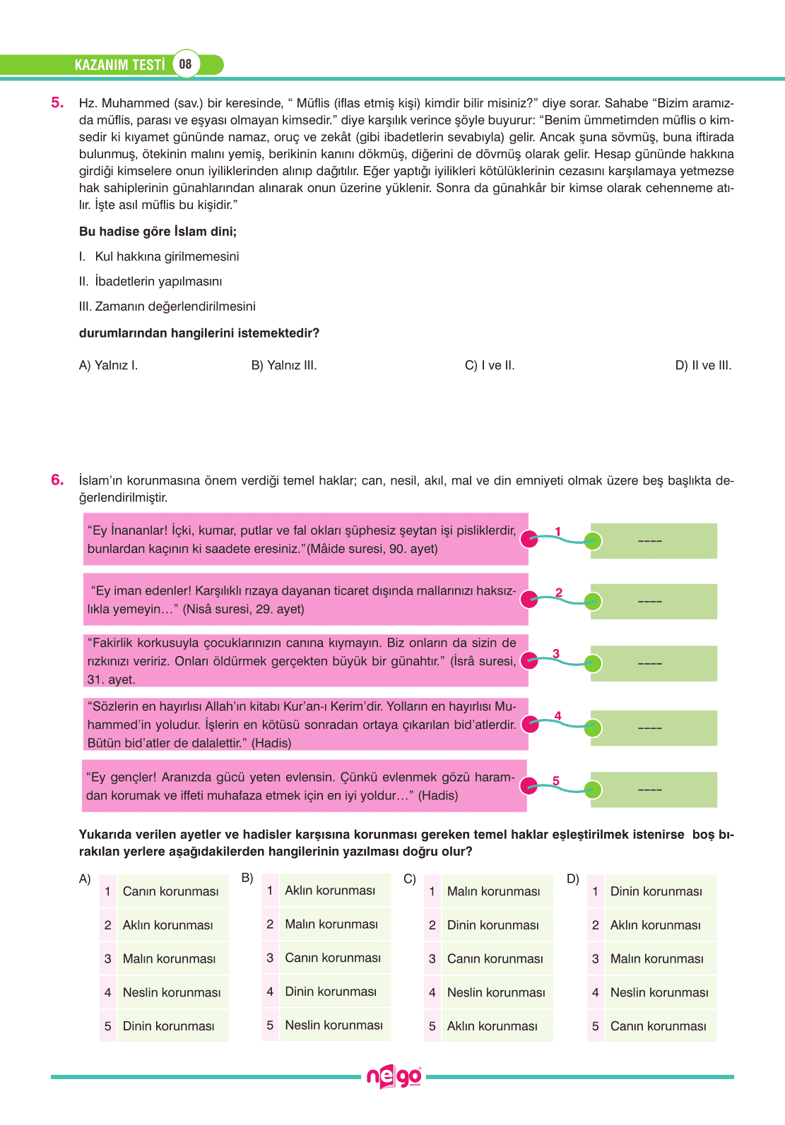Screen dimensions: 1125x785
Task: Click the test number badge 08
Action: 185,64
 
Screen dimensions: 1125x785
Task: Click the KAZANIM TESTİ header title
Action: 119,65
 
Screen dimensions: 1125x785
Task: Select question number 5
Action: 57,103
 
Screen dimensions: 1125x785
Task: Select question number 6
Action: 57,480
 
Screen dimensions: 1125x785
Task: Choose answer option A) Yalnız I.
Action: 108,365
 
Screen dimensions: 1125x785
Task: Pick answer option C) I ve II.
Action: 490,365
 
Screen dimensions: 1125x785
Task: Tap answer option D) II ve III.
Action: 703,365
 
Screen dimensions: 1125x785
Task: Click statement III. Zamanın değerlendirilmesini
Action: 167,306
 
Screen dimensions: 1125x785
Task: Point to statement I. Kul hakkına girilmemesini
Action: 159,256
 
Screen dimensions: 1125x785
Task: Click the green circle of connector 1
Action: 593,541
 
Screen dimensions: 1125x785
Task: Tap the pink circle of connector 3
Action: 529,661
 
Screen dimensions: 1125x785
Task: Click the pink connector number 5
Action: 556,780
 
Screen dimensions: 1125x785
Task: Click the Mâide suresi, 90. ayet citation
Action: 372,549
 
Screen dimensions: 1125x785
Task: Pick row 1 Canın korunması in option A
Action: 170,891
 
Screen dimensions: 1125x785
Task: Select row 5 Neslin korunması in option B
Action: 334,1025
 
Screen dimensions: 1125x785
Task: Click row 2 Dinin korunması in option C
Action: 492,925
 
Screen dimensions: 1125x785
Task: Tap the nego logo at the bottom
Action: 394,1077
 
